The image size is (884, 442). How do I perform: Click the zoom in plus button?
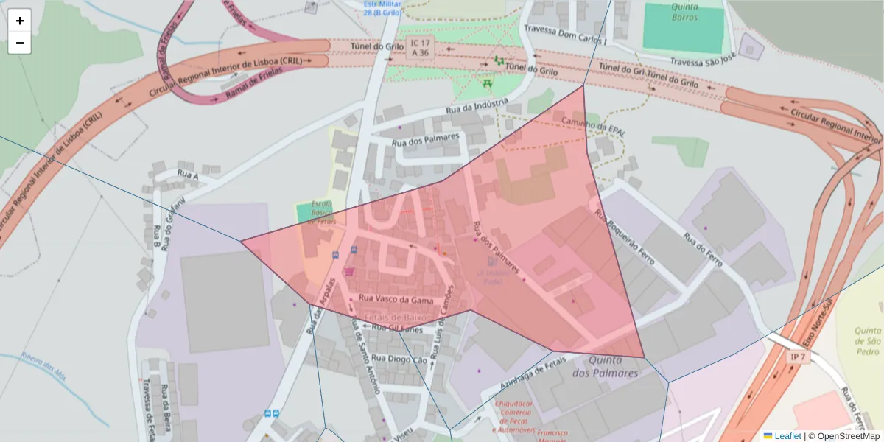[20, 21]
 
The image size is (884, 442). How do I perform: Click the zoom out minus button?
[20, 43]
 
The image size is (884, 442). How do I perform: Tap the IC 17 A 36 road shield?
[421, 48]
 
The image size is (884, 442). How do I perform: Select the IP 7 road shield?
[796, 357]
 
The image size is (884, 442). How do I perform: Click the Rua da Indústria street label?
[477, 107]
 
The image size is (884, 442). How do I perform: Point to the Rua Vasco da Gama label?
[396, 299]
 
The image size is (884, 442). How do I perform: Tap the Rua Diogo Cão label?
[399, 359]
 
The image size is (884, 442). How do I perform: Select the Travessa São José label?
[703, 60]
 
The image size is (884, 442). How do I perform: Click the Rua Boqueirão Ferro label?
[625, 237]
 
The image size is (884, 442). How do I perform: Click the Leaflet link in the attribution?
[787, 435]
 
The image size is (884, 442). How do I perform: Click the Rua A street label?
[188, 175]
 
